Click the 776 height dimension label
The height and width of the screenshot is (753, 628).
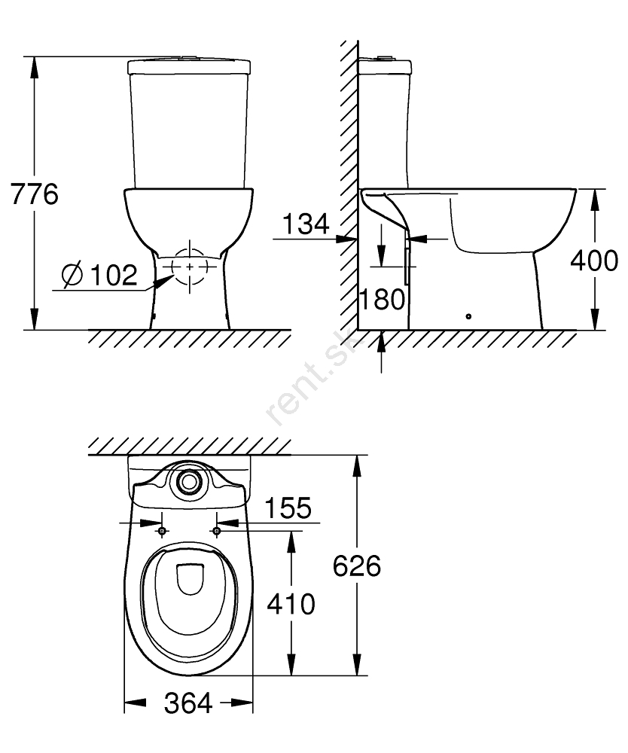[35, 194]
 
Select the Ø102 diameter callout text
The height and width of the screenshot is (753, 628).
[100, 275]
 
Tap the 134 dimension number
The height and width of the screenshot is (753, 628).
[306, 224]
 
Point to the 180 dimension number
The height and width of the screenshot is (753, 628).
[383, 300]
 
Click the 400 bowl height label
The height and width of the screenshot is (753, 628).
[594, 261]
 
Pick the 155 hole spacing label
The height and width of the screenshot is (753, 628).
[288, 508]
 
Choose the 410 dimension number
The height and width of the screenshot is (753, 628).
[291, 604]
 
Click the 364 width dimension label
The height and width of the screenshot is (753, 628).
[188, 703]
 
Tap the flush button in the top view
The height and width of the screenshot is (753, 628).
[189, 481]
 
